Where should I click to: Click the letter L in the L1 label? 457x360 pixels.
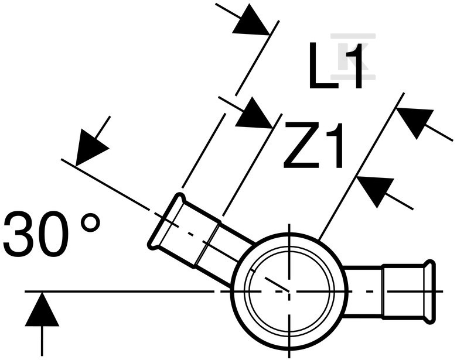point(323,66)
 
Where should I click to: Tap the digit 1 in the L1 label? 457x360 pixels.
point(353,66)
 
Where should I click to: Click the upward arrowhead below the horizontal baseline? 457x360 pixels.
point(42,309)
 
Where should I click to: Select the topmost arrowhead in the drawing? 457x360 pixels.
point(251,21)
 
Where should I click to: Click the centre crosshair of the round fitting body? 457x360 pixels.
point(289,291)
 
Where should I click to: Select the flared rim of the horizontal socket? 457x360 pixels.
point(429,292)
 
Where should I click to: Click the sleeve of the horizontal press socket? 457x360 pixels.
point(403,292)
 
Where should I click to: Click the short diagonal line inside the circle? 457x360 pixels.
point(277,284)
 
